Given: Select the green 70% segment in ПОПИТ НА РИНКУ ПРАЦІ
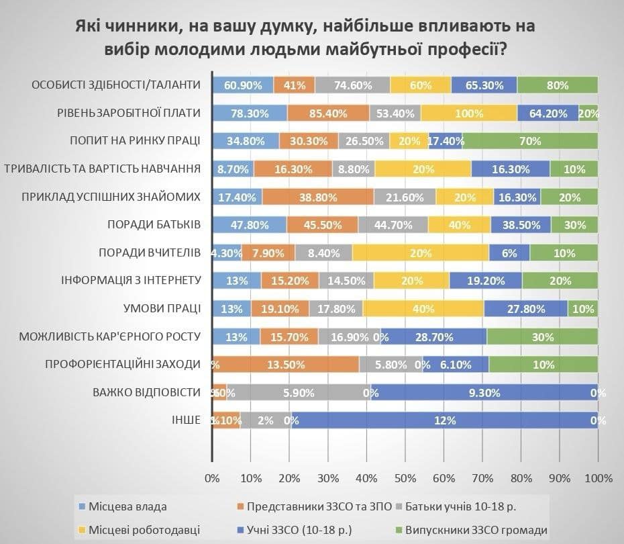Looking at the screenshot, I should click(x=529, y=141).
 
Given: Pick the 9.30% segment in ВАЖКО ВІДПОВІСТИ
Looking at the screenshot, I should click(x=484, y=393).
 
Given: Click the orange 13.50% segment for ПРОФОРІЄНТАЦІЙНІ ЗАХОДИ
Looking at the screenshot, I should click(x=287, y=365).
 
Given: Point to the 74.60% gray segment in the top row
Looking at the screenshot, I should click(x=352, y=85).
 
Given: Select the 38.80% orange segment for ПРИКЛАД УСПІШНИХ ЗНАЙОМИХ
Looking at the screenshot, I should click(x=317, y=197).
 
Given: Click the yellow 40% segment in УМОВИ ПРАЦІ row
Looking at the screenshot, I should click(x=422, y=309).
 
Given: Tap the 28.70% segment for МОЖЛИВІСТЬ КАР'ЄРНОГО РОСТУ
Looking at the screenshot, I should click(x=434, y=336).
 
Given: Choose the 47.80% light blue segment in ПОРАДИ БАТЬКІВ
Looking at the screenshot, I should click(x=249, y=225).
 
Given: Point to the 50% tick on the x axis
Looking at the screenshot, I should click(x=405, y=479).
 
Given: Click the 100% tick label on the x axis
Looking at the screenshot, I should click(x=598, y=479).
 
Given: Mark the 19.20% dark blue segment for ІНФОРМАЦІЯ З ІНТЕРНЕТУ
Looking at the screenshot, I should click(x=485, y=281).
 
